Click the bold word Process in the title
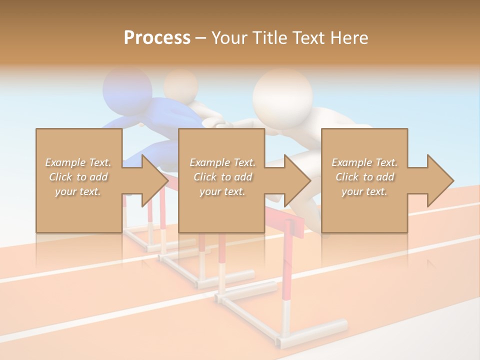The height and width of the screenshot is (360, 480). pos(157,38)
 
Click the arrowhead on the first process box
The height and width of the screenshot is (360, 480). pos(154,180)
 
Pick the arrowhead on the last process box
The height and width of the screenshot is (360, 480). pos(440,180)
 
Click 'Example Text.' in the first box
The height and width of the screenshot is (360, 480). pos(78,162)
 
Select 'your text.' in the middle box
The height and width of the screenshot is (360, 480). pos(222,191)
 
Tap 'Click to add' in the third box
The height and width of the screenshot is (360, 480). pos(364,177)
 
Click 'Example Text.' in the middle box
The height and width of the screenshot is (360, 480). pos(222,162)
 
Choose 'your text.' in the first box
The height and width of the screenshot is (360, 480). pos(78,191)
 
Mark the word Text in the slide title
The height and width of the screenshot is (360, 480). pos(308,38)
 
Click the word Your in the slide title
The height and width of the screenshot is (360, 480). pos(229,38)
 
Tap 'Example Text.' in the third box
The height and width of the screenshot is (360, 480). pos(364,162)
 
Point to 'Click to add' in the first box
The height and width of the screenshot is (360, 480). pos(78,177)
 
